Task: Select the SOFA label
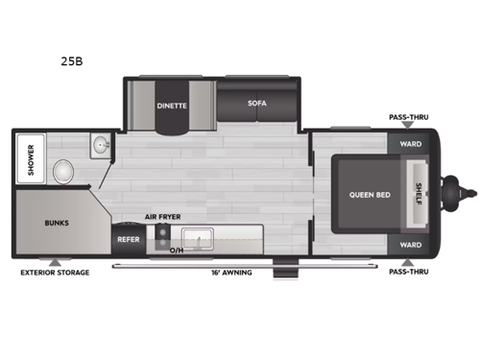point(255,104)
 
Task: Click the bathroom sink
point(101,146)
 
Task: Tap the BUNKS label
point(57,222)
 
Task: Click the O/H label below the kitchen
point(176,251)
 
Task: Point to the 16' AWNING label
point(232,273)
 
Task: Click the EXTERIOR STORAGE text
point(55,273)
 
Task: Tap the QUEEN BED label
point(369,193)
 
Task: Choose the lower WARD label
point(410,245)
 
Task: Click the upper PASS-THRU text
point(409,117)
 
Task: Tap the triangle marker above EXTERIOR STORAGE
point(55,261)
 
